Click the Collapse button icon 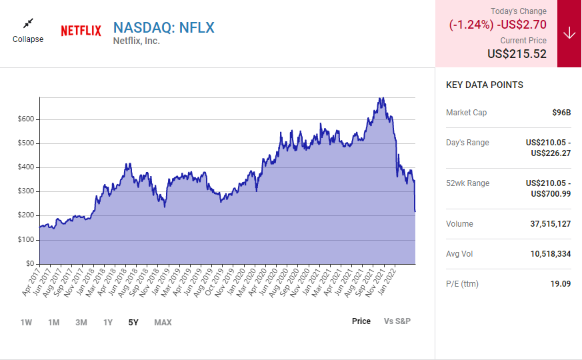(28, 24)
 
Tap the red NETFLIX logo (81, 31)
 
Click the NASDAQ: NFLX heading (163, 27)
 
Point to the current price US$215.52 (517, 54)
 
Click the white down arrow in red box (569, 33)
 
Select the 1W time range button (26, 323)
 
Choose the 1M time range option (53, 323)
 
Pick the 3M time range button (81, 323)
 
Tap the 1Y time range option (108, 323)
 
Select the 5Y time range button (133, 323)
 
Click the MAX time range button (163, 323)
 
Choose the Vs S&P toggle (397, 321)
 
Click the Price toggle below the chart (361, 321)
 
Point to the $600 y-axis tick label (25, 119)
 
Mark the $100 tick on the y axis (25, 240)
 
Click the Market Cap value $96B (561, 113)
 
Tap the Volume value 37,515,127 (550, 224)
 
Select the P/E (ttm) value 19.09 (559, 284)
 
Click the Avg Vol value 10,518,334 (550, 254)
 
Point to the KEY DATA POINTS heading (485, 85)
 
